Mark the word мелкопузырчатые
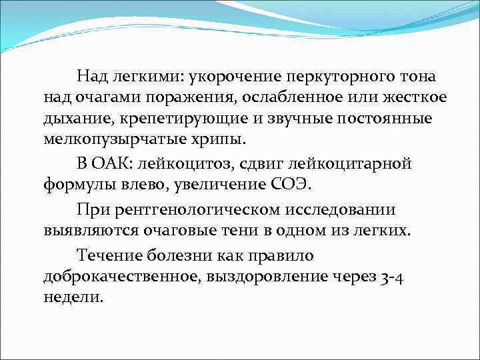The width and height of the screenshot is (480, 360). pyautogui.click(x=111, y=141)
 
